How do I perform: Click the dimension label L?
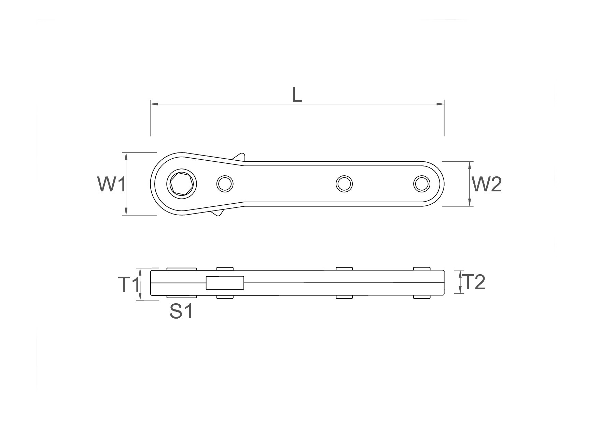(297, 95)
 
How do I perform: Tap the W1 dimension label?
(112, 185)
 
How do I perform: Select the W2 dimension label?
(487, 185)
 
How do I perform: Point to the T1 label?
(129, 285)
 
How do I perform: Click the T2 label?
(475, 282)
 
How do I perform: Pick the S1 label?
(181, 311)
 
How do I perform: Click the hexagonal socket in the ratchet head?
(182, 184)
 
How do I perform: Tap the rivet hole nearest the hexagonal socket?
(225, 184)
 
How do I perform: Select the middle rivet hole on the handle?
(344, 184)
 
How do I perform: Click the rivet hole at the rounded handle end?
(422, 184)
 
